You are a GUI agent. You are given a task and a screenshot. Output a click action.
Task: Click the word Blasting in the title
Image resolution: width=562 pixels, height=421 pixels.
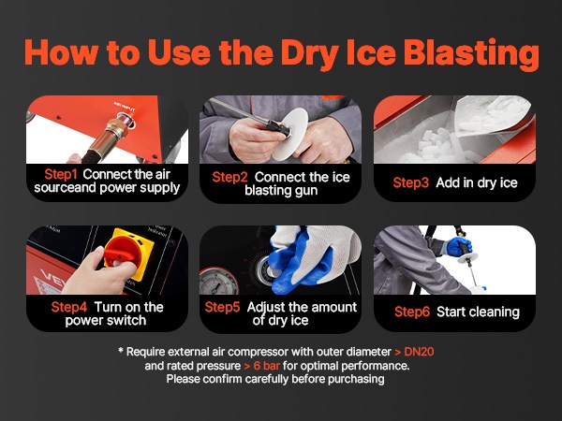[x=471, y=54]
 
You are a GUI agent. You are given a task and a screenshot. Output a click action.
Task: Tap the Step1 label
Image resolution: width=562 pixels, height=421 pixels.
[x=61, y=175]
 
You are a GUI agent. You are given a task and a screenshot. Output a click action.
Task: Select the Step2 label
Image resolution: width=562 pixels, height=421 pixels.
[x=229, y=177]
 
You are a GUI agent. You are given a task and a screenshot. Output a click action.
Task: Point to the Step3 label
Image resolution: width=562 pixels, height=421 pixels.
[x=411, y=183]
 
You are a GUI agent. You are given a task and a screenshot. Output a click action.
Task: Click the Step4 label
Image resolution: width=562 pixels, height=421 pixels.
[x=68, y=307]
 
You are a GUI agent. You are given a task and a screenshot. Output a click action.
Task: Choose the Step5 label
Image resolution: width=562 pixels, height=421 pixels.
[x=222, y=307]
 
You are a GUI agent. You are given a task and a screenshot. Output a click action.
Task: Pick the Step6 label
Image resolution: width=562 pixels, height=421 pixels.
[x=412, y=312]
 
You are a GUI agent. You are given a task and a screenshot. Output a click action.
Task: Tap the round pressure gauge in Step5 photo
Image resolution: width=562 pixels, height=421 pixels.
[x=218, y=283]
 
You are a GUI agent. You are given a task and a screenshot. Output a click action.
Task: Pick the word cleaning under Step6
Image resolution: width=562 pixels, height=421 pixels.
[x=496, y=312]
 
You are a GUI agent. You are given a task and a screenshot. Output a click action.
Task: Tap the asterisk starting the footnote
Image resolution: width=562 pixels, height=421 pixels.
[x=121, y=350]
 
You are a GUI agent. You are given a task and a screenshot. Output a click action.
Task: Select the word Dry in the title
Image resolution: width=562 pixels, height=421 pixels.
[x=310, y=54]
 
